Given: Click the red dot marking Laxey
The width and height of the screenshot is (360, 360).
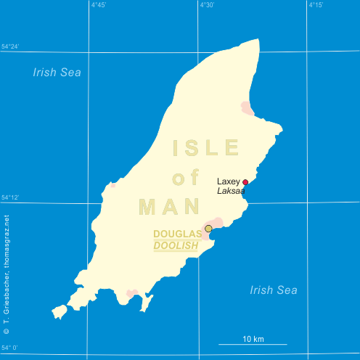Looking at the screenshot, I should click(245, 182).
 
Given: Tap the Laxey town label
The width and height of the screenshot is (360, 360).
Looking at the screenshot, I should click(229, 181).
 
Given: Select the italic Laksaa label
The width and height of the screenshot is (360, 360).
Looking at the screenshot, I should click(231, 191).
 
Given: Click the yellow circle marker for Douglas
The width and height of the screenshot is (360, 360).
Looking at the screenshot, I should click(209, 229).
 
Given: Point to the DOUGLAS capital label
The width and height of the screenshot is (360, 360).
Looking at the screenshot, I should click(177, 234).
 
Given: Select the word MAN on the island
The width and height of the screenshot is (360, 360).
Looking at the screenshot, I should click(169, 207).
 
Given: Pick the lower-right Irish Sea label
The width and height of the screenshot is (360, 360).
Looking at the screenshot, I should click(274, 290).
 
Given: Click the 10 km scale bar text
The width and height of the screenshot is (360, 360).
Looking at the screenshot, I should click(253, 339).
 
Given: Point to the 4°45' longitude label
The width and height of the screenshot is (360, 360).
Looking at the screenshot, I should click(99, 5).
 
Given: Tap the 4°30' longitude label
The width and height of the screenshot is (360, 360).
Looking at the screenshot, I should click(207, 5).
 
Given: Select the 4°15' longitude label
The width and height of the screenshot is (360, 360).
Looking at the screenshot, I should click(316, 5).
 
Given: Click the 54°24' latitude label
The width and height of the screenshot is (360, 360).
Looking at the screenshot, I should click(10, 47).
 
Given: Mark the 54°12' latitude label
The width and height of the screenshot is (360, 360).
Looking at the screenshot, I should click(10, 197).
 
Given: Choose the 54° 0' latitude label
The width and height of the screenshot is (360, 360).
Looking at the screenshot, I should click(9, 348).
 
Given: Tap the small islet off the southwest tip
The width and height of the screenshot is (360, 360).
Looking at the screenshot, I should click(60, 311).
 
